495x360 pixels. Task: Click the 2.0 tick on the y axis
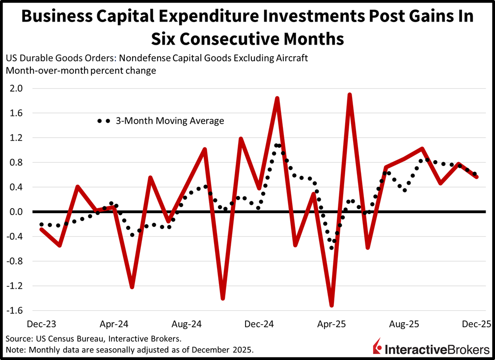coord(17,89)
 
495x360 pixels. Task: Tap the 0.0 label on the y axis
coord(17,212)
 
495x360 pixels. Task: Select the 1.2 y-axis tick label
coord(17,138)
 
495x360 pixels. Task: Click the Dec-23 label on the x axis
coord(41,325)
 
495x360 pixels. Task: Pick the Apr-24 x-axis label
coord(114,325)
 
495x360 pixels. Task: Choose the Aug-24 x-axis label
coord(187,325)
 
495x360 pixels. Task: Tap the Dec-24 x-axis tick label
coord(259,325)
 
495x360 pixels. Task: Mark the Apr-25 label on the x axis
coord(332,325)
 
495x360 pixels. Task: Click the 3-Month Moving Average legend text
coord(170,120)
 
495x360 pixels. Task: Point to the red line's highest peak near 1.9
coord(350,94)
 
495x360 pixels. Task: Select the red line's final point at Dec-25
coord(476,177)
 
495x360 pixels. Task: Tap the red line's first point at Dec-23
coord(41,229)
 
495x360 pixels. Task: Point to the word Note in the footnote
coord(15,350)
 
